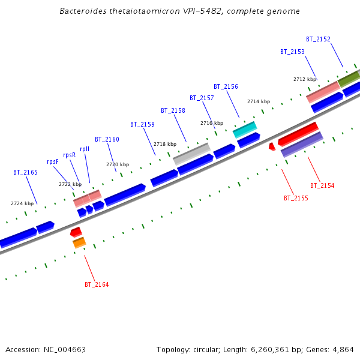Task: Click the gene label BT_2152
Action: click(318, 40)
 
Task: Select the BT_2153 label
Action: click(292, 52)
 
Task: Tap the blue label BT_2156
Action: click(226, 87)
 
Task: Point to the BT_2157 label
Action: click(202, 98)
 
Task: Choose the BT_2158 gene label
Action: click(173, 111)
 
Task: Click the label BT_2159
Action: click(142, 125)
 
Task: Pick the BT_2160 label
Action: click(107, 140)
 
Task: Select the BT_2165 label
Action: click(25, 173)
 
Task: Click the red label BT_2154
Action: click(322, 186)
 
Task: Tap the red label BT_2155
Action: click(296, 198)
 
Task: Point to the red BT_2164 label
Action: click(97, 284)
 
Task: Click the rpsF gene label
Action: click(53, 161)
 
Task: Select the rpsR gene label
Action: click(70, 155)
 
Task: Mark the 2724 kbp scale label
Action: click(22, 204)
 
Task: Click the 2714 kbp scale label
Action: click(259, 102)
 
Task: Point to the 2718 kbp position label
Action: click(165, 145)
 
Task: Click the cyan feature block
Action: click(245, 128)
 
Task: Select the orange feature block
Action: click(79, 243)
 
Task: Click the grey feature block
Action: click(191, 154)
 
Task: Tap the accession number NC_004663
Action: click(66, 349)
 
